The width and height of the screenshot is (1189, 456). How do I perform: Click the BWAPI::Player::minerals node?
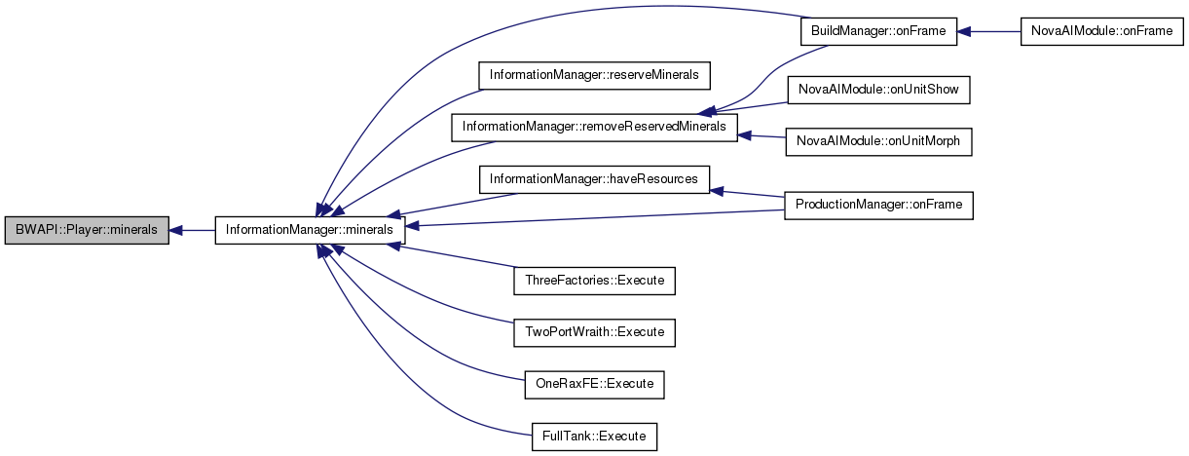point(87,231)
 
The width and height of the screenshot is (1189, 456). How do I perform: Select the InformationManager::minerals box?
point(310,231)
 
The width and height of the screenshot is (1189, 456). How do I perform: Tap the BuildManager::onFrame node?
point(872,31)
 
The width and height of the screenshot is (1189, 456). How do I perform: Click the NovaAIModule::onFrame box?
point(1101,31)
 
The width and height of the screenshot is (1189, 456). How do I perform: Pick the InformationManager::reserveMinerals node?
point(594,74)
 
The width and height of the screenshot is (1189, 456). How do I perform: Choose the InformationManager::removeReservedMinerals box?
point(594,127)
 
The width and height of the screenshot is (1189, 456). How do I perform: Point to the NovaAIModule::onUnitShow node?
point(878,90)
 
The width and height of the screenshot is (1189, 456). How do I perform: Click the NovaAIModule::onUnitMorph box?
point(878,141)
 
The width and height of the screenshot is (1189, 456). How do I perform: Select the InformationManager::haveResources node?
point(594,179)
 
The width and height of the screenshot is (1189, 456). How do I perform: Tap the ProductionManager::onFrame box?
point(878,205)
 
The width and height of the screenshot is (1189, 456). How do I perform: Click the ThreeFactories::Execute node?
point(594,281)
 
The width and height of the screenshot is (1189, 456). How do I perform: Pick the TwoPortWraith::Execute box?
point(594,332)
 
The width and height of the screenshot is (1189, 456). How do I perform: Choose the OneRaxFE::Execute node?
point(594,384)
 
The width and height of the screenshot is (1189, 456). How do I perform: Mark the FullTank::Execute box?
point(594,436)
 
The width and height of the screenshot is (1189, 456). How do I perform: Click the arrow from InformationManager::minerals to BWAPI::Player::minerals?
point(192,231)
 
